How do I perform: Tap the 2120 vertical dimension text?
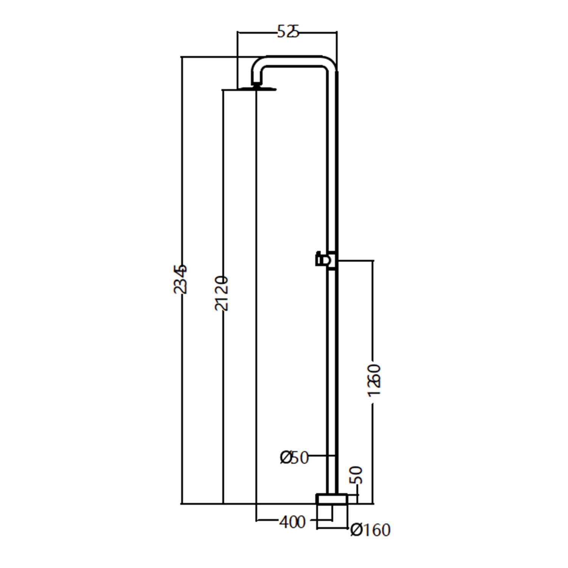click(222, 294)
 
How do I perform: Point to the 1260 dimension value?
click(374, 380)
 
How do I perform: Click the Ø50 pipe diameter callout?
click(294, 457)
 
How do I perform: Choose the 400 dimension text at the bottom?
click(292, 522)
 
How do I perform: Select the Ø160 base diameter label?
click(370, 530)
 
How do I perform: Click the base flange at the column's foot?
click(332, 499)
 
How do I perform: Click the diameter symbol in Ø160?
click(356, 530)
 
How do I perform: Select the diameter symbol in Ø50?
click(286, 457)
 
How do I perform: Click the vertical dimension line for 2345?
click(182, 379)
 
